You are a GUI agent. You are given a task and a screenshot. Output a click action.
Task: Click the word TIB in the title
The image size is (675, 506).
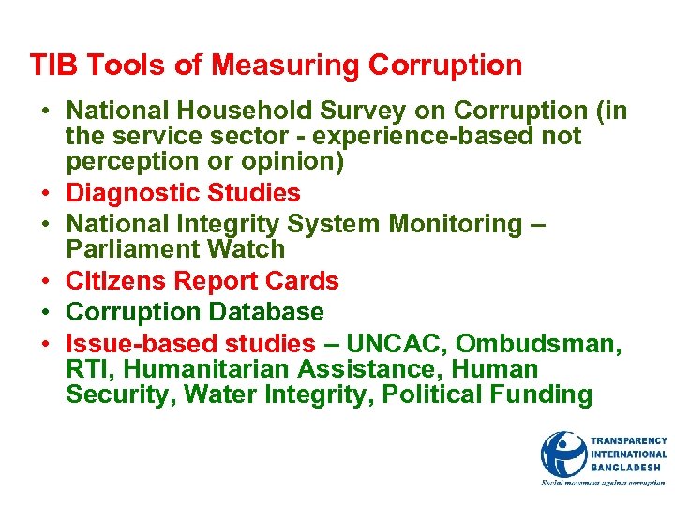point(49,66)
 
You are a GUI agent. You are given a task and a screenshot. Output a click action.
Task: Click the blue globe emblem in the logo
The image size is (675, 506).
point(563,454)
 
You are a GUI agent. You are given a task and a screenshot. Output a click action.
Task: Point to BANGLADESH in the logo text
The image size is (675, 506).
point(626,468)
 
